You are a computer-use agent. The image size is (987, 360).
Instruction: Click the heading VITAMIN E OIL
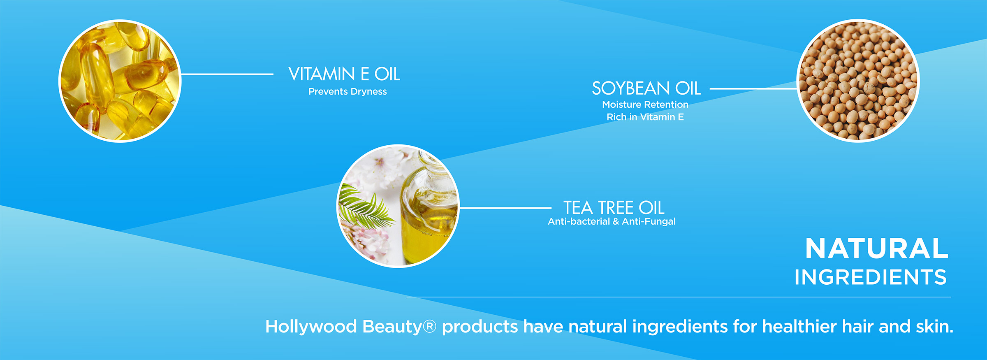pos(344,74)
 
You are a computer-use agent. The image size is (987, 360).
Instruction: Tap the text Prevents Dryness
pos(348,91)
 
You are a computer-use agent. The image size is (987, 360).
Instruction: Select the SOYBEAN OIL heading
pos(646,88)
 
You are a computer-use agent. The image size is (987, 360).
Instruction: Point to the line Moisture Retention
pos(645,105)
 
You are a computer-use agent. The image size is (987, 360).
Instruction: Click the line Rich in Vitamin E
pos(645,117)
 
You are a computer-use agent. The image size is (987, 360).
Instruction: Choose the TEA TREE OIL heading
pos(614,207)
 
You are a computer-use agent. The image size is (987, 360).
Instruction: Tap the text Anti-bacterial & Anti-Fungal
pos(612,221)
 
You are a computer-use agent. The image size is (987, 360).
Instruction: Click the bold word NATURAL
pos(876,249)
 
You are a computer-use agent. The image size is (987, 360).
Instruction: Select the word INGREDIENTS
pos(871,277)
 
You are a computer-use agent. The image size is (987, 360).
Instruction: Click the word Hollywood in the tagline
pos(311,327)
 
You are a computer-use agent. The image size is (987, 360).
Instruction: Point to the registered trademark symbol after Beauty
pos(429,327)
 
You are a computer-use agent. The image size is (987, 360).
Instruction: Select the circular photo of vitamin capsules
pos(120,81)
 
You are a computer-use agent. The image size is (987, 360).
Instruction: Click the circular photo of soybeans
pos(858,81)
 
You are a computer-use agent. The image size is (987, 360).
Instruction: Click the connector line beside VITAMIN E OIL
pos(227,74)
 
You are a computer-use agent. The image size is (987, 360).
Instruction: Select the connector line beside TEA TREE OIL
pos(505,208)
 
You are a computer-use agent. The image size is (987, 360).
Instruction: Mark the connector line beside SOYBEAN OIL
pos(753,88)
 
